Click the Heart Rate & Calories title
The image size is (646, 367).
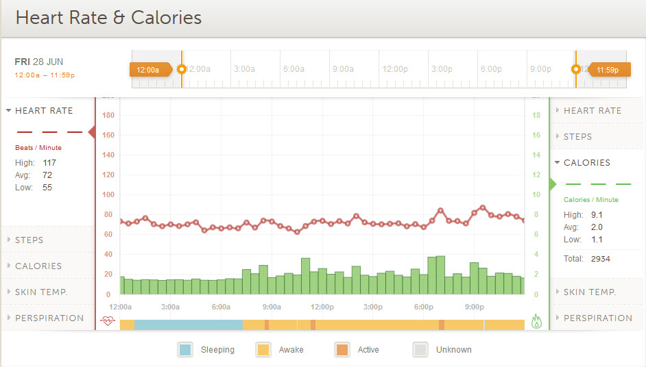coord(108,18)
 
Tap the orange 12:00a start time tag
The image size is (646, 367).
coord(149,69)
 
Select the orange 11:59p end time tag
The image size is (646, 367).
coord(607,69)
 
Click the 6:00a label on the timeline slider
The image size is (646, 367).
coord(294,69)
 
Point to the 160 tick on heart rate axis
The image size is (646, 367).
coord(107,136)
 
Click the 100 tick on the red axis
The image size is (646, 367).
coord(107,195)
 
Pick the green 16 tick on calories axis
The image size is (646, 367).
coord(536,136)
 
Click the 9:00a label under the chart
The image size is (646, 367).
coord(272,307)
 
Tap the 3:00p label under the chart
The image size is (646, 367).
coord(373,307)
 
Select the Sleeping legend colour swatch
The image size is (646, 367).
coord(185,350)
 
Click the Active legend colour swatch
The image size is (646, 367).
coord(342,350)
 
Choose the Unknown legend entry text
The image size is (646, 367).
coord(454,350)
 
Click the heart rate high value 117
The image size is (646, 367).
coord(49,163)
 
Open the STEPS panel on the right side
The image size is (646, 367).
coord(577,137)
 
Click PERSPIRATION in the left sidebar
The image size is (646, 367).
coord(49,318)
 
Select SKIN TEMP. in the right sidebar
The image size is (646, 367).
coord(590,292)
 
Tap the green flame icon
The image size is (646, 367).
coord(536,321)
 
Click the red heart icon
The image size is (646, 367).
coord(107,320)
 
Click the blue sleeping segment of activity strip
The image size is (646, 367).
coord(188,325)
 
